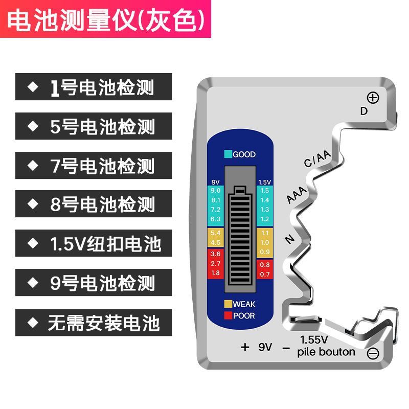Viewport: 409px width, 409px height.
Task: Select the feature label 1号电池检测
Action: click(93, 87)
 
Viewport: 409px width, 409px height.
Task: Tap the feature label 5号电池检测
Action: click(93, 126)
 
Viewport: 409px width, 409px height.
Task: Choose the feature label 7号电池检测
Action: click(93, 166)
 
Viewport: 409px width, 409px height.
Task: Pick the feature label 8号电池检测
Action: click(93, 205)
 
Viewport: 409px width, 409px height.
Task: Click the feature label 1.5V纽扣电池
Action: click(93, 243)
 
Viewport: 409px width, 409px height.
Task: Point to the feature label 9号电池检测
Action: click(93, 283)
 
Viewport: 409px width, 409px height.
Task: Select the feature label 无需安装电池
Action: click(93, 323)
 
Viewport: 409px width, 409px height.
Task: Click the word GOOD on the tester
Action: click(244, 154)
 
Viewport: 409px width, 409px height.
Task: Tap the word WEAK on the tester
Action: click(244, 304)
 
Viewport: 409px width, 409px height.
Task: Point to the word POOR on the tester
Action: click(244, 315)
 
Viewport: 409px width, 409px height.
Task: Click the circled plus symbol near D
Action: click(373, 98)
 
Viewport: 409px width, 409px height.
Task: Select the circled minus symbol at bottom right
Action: click(373, 352)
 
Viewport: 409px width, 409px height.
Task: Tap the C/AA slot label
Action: click(317, 160)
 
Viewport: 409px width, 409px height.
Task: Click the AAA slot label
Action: click(297, 196)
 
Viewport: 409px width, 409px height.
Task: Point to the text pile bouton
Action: click(326, 352)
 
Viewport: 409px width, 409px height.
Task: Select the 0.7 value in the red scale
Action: click(264, 275)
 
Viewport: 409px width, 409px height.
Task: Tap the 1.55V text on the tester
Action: click(314, 339)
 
